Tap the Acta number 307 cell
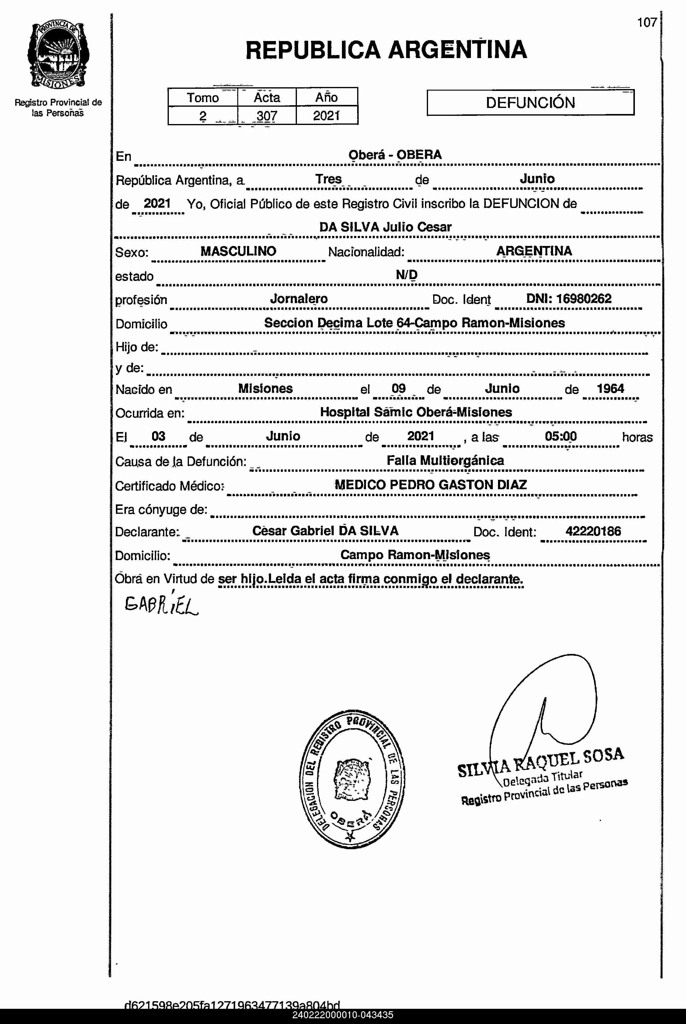click(x=266, y=116)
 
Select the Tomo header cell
click(x=203, y=97)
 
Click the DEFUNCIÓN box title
click(x=530, y=103)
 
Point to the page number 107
click(x=647, y=22)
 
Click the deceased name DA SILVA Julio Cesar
click(x=385, y=227)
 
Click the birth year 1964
click(x=610, y=388)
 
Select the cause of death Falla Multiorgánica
click(x=445, y=460)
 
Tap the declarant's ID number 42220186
click(x=593, y=531)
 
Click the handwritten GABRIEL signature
click(x=162, y=605)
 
